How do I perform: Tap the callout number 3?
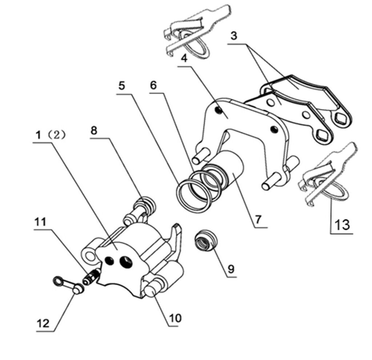pyautogui.click(x=234, y=36)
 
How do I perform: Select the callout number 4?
pyautogui.click(x=184, y=58)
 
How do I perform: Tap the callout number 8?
pyautogui.click(x=94, y=131)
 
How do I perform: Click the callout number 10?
pyautogui.click(x=175, y=318)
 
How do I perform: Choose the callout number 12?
pyautogui.click(x=43, y=323)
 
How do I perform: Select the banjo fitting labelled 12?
pyautogui.click(x=69, y=285)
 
